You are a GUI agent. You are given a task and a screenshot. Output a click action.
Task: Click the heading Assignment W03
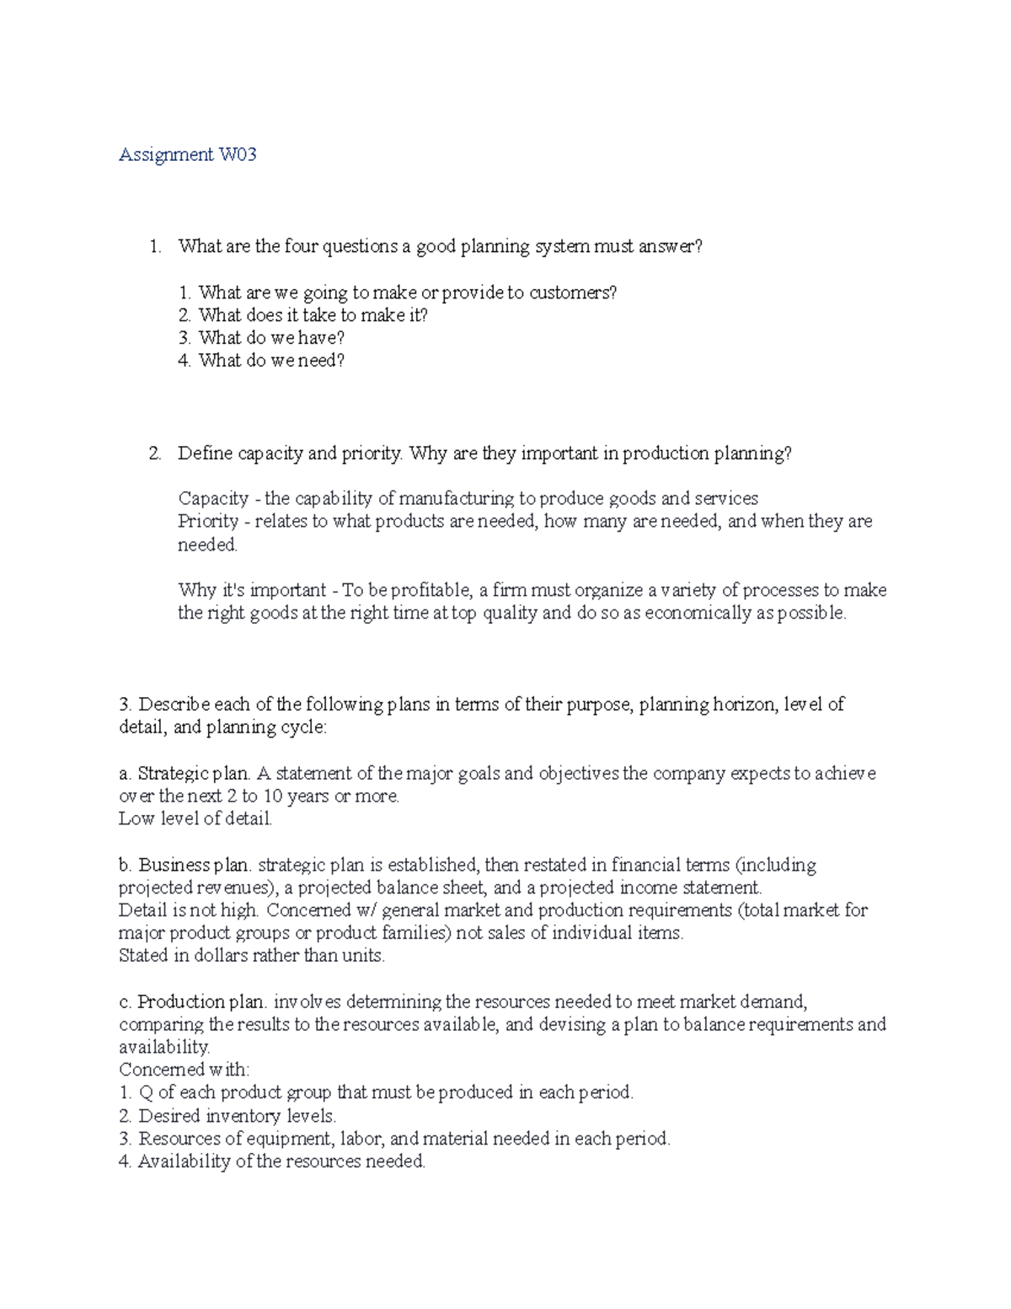(x=187, y=154)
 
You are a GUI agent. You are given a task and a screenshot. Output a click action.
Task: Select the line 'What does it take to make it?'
(x=313, y=315)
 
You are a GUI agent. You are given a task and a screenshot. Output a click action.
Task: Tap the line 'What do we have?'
(x=271, y=338)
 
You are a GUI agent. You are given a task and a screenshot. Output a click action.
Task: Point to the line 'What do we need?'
(x=271, y=361)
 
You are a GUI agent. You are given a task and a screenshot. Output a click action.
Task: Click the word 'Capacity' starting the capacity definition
(x=213, y=498)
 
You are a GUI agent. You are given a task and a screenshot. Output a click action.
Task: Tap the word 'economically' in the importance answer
(x=698, y=613)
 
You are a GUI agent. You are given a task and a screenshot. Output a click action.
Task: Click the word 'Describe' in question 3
(x=174, y=705)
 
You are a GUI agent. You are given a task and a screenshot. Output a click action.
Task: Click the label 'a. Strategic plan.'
(x=185, y=774)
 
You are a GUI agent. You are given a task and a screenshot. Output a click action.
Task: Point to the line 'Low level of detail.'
(x=195, y=818)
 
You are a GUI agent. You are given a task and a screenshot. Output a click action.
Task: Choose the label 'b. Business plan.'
(x=185, y=865)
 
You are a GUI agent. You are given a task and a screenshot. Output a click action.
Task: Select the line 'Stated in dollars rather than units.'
(x=252, y=956)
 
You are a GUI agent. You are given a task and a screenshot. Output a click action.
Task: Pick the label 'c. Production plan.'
(x=193, y=1002)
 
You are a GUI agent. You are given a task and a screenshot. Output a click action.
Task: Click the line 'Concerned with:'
(x=185, y=1070)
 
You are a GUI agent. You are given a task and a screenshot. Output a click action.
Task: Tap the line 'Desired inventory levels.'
(x=237, y=1116)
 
